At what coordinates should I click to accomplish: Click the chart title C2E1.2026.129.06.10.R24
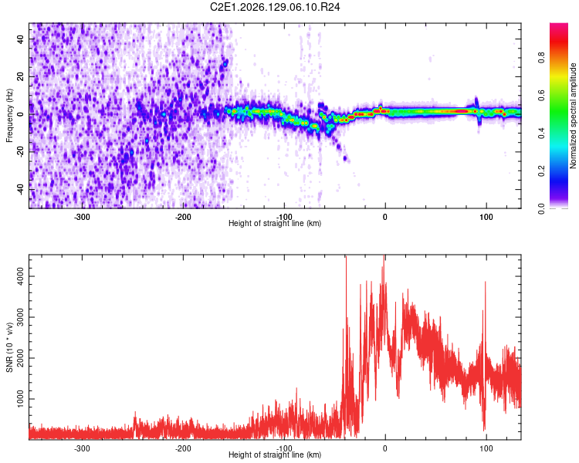(x=275, y=7)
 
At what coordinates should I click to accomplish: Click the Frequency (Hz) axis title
(x=9, y=116)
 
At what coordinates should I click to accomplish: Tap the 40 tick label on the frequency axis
(x=20, y=39)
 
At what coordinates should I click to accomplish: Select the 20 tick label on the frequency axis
(x=20, y=76)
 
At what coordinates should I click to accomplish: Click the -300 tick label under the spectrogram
(x=82, y=217)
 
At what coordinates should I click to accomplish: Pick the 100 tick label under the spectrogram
(x=486, y=217)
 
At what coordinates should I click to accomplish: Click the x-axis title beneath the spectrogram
(x=275, y=223)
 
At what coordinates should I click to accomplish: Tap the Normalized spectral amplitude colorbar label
(x=573, y=116)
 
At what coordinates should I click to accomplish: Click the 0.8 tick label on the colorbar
(x=541, y=58)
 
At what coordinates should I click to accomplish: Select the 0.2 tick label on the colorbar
(x=541, y=171)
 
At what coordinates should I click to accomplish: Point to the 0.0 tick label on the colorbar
(x=541, y=209)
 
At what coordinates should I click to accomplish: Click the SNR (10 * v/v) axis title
(x=9, y=347)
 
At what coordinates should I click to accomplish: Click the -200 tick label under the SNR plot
(x=183, y=448)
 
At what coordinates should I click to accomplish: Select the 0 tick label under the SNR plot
(x=384, y=448)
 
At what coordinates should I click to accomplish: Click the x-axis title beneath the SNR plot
(x=275, y=455)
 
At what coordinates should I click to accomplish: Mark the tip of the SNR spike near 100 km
(x=486, y=282)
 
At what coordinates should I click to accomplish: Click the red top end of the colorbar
(x=559, y=25)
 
